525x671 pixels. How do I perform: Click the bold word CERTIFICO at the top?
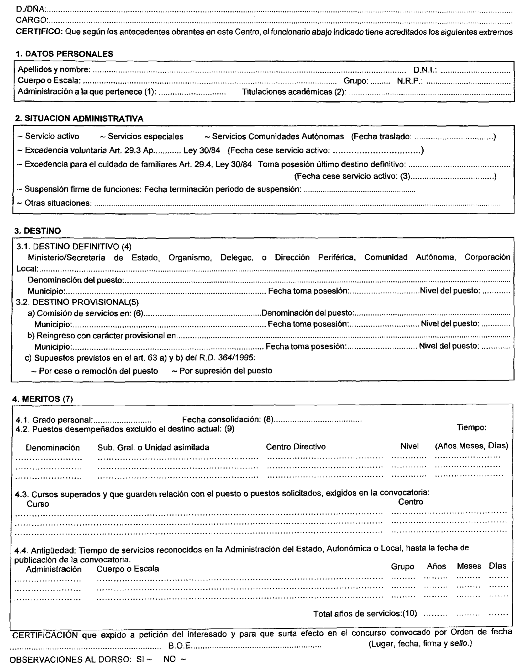(x=39, y=32)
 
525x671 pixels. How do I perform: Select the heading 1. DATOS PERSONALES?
(x=64, y=54)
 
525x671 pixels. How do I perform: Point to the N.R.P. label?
(x=409, y=81)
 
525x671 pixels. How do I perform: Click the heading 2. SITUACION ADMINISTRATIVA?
(x=79, y=119)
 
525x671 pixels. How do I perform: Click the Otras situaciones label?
(x=58, y=203)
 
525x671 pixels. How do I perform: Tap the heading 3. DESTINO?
(x=38, y=231)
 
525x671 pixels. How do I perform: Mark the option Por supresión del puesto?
(x=225, y=371)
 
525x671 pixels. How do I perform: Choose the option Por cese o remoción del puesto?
(x=98, y=371)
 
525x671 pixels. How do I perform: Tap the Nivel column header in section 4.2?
(x=409, y=446)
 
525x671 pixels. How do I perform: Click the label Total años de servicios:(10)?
(x=365, y=614)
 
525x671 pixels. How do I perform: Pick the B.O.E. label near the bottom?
(x=180, y=646)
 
